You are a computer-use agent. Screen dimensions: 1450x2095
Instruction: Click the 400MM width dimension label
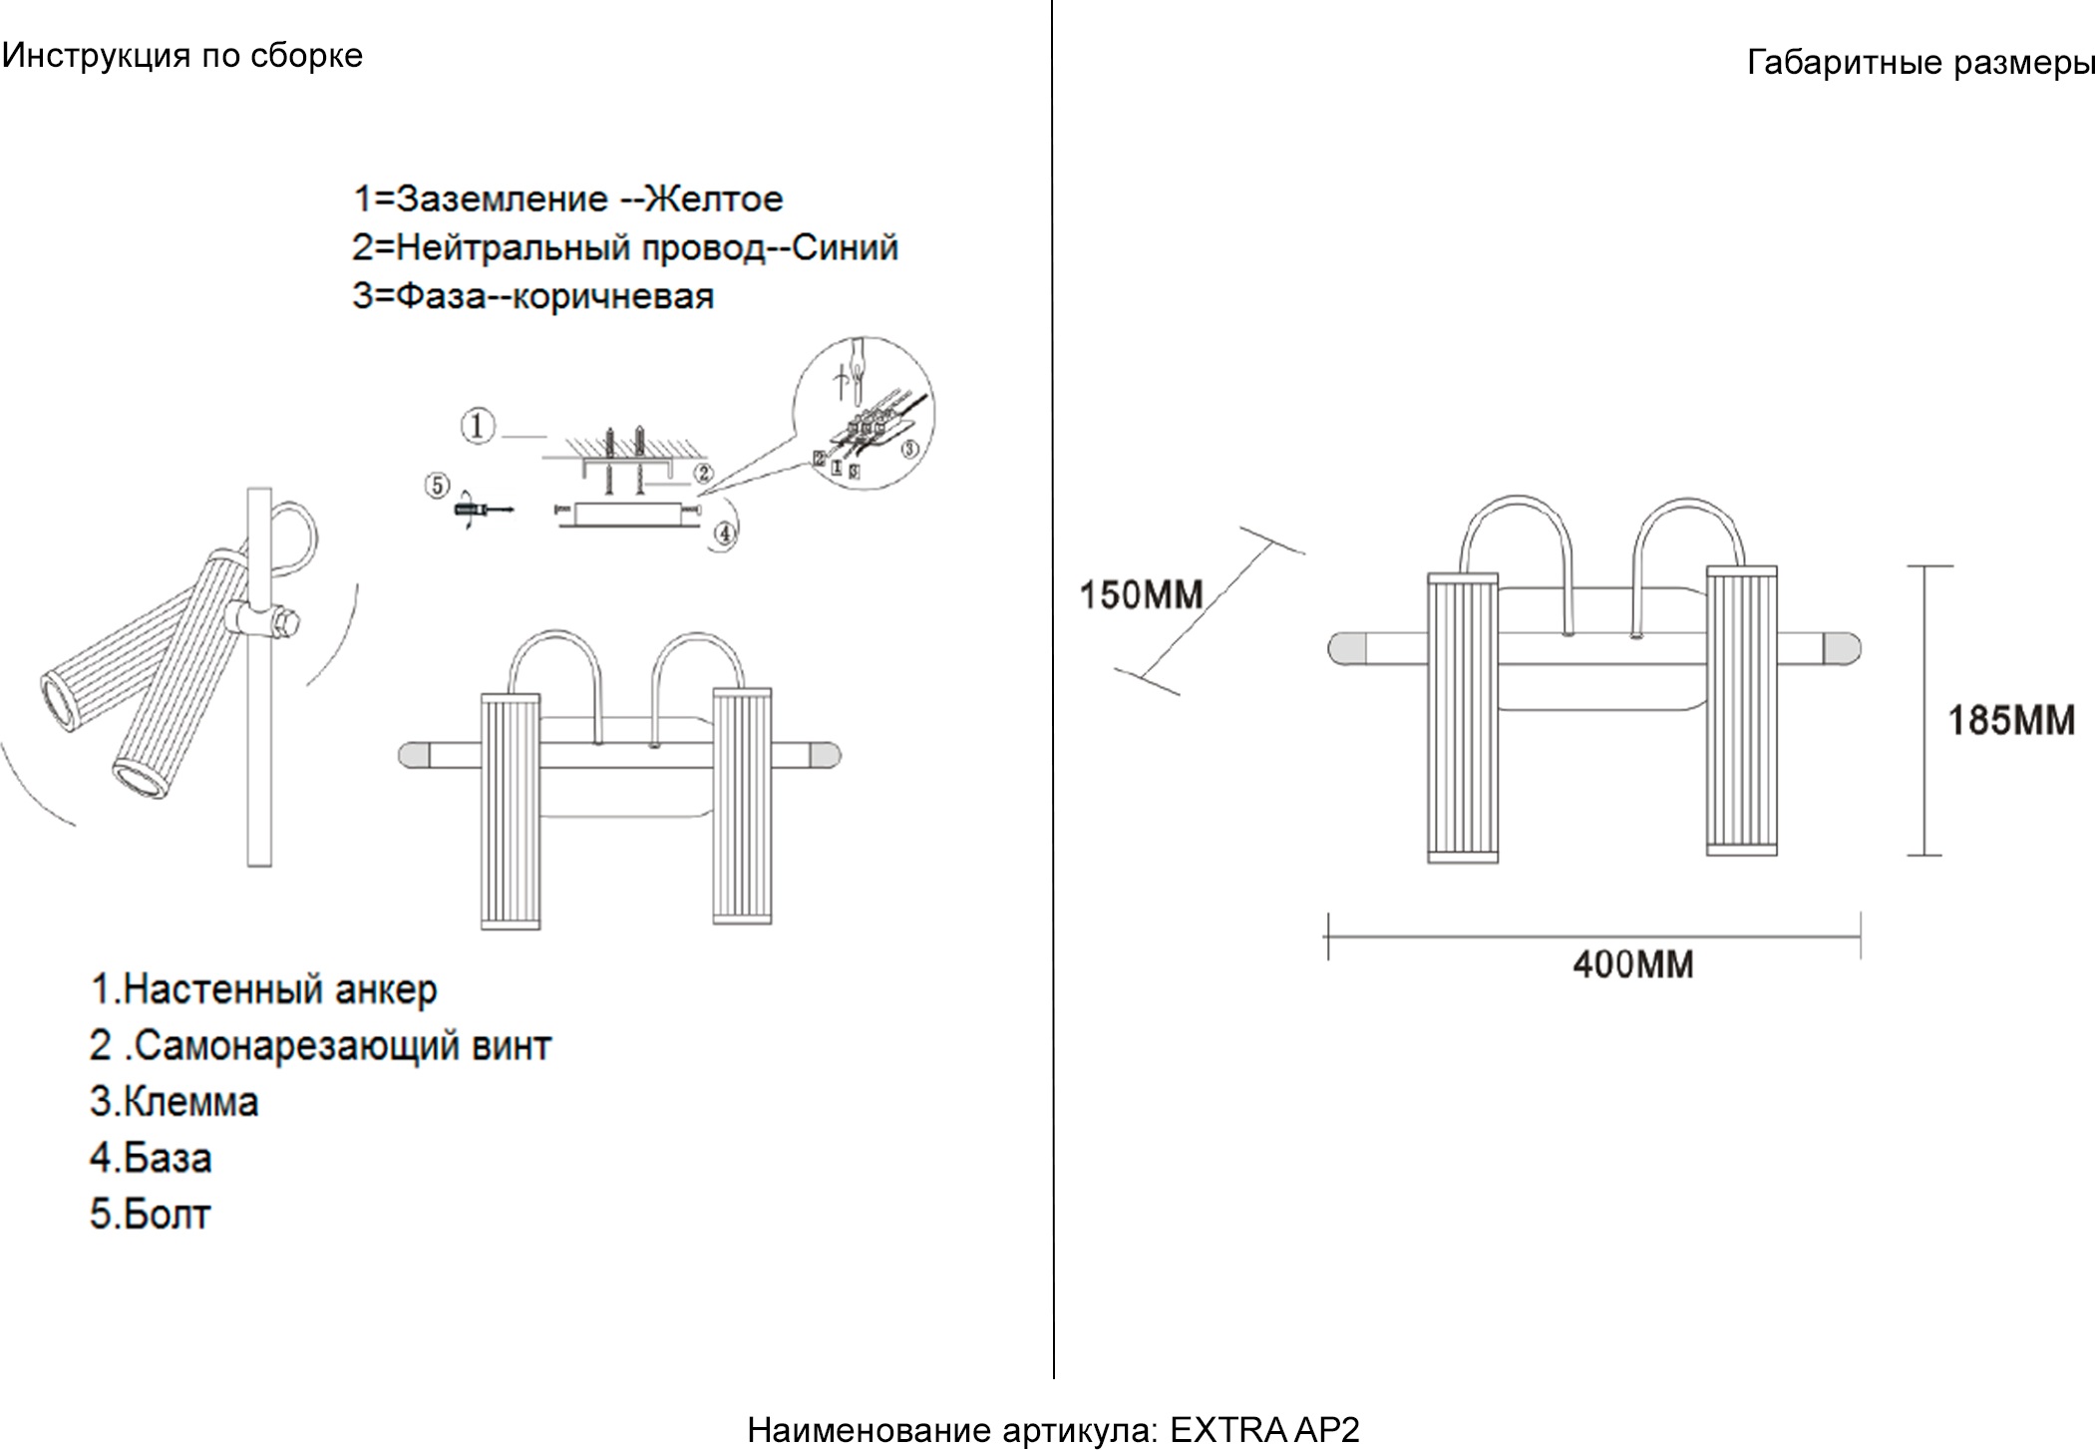(x=1632, y=964)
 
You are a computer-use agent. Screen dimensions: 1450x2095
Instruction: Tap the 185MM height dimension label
(x=2010, y=720)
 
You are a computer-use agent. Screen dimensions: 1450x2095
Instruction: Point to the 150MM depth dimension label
(x=1141, y=595)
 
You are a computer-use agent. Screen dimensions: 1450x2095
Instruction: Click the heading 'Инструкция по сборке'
(x=182, y=56)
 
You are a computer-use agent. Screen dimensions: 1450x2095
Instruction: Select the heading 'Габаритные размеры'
(x=1920, y=63)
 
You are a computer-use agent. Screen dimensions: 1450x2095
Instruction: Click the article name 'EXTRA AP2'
(x=1263, y=1430)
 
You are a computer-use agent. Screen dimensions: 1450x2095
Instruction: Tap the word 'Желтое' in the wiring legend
(x=714, y=199)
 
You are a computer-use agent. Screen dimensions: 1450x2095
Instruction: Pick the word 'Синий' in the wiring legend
(x=845, y=247)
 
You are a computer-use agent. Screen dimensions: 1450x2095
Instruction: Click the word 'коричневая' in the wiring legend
(x=613, y=296)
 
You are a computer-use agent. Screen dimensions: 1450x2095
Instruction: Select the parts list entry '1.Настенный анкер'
(x=263, y=989)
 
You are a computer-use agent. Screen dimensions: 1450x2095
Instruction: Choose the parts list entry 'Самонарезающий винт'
(x=342, y=1046)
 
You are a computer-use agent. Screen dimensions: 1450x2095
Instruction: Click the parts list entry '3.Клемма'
(x=174, y=1102)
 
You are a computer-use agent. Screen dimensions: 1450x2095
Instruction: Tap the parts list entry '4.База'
(x=151, y=1158)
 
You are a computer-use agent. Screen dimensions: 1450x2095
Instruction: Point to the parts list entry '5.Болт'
(x=150, y=1215)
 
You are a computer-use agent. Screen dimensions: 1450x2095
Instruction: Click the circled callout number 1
(x=478, y=427)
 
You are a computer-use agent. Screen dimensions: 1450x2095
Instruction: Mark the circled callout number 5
(x=437, y=486)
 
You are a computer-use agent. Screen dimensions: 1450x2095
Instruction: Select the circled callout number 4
(x=725, y=534)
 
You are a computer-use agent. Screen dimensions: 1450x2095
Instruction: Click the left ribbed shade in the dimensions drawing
(x=1462, y=717)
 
